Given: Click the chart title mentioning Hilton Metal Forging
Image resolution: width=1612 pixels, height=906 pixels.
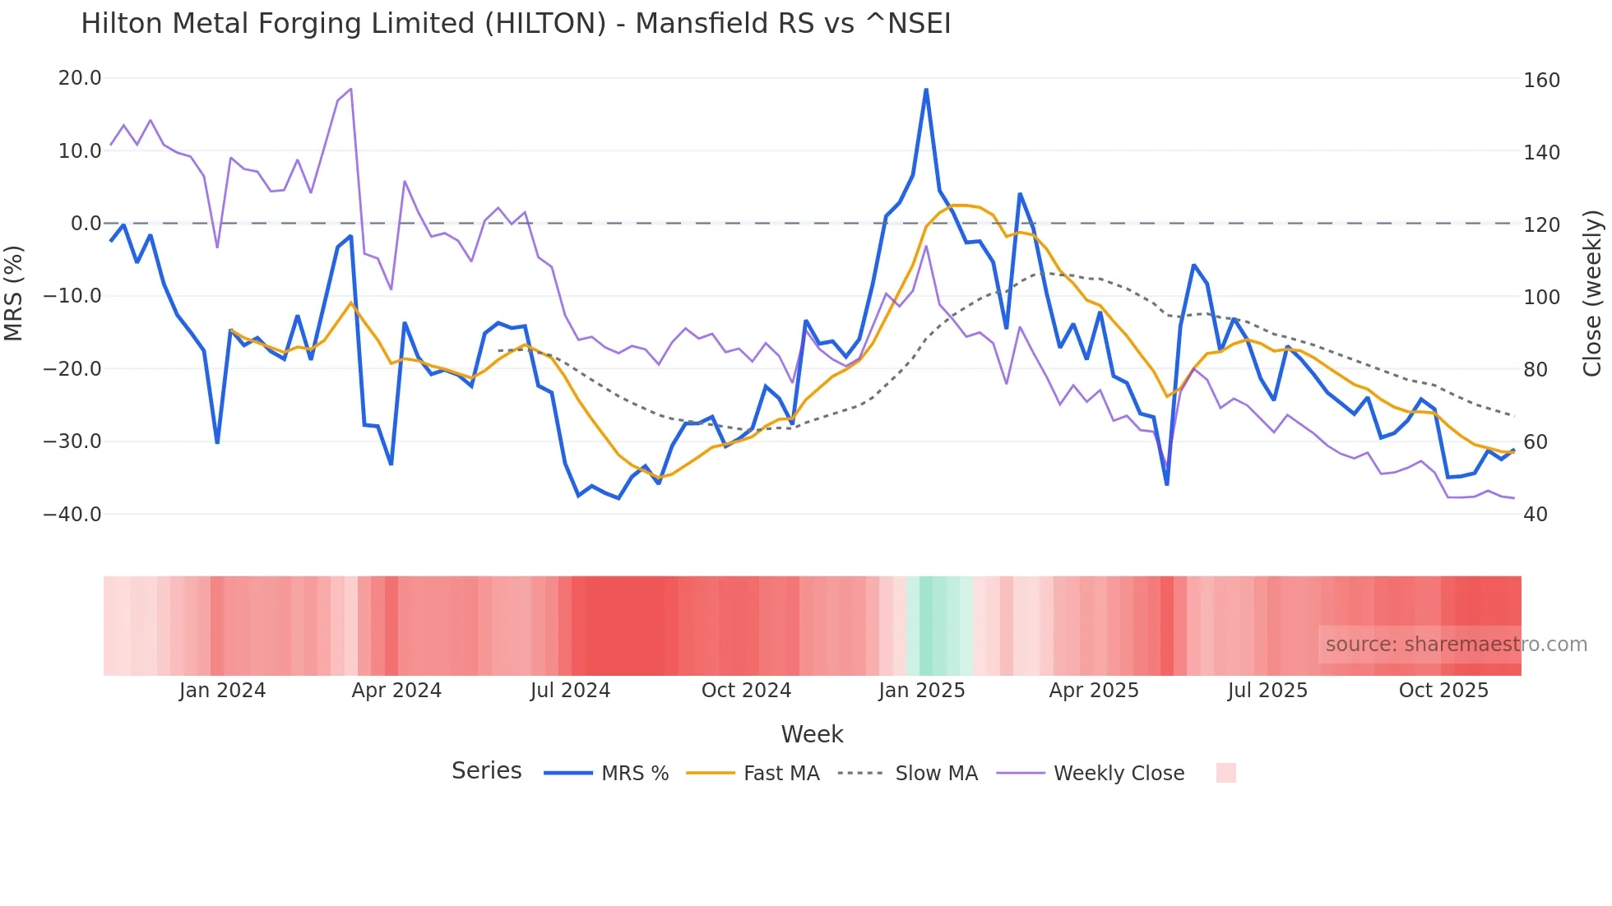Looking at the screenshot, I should [x=516, y=24].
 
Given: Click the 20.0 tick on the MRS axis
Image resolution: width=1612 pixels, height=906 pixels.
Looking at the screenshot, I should [x=80, y=78].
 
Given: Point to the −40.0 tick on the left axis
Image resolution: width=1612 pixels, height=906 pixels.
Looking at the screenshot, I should [x=72, y=514].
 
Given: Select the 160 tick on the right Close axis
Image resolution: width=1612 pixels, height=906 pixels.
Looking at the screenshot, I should [x=1541, y=80].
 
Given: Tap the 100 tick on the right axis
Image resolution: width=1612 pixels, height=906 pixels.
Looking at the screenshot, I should [x=1541, y=297].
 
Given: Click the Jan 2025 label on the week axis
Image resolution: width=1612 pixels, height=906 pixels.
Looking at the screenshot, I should [x=921, y=691].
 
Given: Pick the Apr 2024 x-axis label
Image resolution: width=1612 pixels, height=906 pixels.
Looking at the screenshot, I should [x=396, y=691].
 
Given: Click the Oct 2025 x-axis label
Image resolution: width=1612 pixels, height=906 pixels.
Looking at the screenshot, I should [x=1443, y=691].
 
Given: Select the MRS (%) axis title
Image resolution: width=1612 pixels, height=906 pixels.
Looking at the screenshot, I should [x=14, y=294].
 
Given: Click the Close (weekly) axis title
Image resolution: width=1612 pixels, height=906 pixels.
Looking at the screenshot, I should [x=1592, y=294].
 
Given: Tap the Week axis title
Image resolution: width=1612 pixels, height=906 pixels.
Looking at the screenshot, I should [x=812, y=734].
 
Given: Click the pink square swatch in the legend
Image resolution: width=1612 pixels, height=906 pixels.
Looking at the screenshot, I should [x=1225, y=773].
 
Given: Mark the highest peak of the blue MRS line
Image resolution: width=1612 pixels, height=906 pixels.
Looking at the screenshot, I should [x=926, y=90].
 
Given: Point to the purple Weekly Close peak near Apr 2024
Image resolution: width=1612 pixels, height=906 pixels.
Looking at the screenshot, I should [x=351, y=89].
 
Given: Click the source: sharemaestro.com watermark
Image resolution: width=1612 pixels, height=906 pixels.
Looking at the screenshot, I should [x=1456, y=645].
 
